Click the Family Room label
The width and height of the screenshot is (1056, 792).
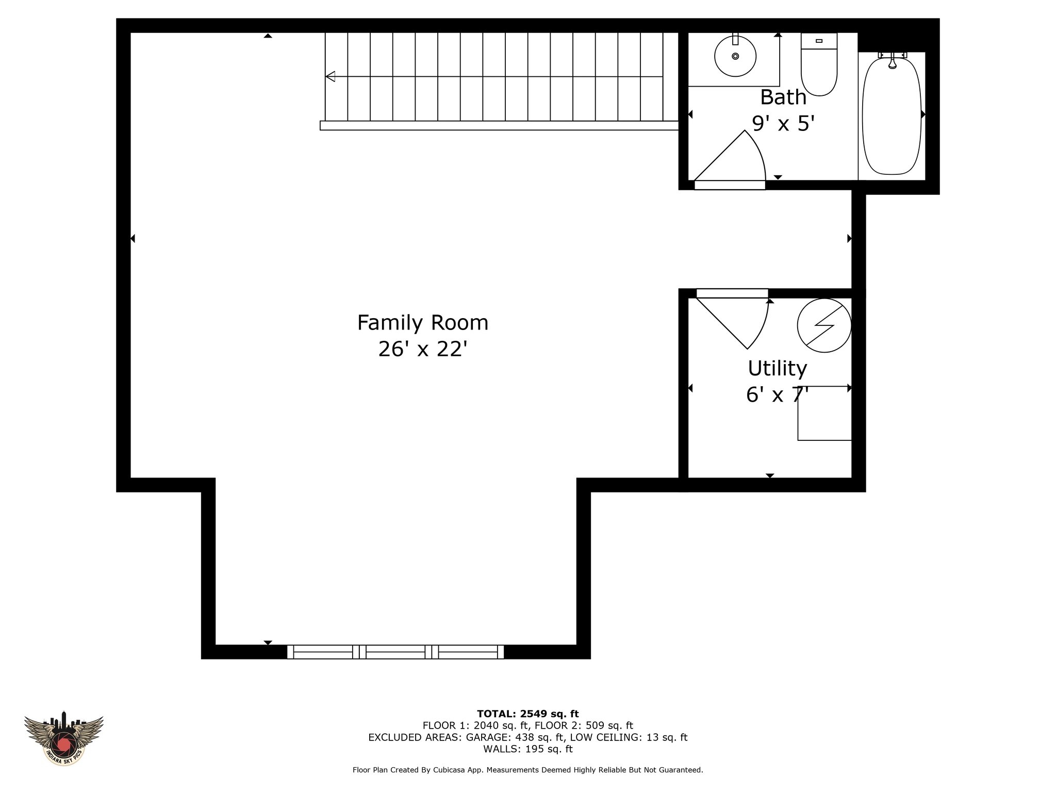423,323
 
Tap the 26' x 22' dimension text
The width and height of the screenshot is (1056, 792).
423,349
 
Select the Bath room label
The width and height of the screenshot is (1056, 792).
783,97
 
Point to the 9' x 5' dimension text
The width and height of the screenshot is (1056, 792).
783,123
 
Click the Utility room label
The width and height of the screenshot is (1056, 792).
777,368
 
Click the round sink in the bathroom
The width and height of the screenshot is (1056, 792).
735,56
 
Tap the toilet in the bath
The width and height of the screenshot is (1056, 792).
819,64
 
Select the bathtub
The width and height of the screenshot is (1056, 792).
892,115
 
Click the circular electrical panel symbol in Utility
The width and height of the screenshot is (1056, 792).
824,325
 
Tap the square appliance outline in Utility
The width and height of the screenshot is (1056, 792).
824,413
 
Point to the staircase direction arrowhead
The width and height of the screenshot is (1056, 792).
331,76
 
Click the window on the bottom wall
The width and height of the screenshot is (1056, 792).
395,652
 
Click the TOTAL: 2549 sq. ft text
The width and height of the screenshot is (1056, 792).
528,714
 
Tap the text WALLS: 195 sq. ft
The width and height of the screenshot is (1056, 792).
528,749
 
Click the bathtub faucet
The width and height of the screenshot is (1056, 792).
893,59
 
